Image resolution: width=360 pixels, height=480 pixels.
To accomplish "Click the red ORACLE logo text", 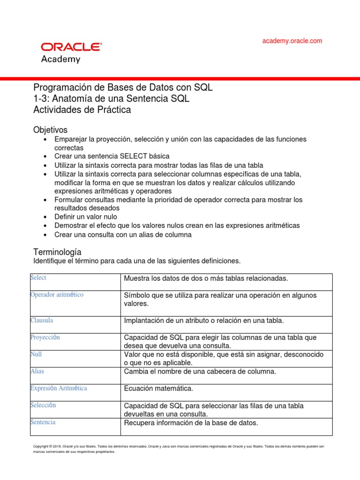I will [71, 47].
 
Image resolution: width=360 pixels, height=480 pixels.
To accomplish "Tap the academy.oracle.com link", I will [292, 41].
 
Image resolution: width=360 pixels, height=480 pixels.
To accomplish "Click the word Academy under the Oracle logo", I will [61, 60].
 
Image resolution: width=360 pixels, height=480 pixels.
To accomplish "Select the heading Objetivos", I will [50, 129].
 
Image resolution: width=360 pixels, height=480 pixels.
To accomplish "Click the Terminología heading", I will [57, 252].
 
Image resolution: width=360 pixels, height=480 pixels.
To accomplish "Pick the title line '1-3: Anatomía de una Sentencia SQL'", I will [112, 99].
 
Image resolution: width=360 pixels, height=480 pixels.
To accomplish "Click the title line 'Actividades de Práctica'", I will [82, 110].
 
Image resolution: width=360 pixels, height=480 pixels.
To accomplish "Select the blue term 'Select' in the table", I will [38, 278].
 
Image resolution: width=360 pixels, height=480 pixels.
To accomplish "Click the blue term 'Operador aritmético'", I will [57, 295].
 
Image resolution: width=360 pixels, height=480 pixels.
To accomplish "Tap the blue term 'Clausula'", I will [42, 320].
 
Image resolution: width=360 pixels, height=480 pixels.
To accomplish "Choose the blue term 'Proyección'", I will [45, 337].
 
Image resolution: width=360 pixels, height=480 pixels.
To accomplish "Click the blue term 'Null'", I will [36, 354].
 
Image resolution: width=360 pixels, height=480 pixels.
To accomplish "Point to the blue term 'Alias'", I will [37, 371].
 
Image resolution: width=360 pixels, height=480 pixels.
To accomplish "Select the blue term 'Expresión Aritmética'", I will [59, 388].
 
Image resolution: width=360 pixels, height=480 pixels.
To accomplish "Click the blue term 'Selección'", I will [43, 405].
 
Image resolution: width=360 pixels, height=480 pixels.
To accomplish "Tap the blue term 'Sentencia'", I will [43, 422].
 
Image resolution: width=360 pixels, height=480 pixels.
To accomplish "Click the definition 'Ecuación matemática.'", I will [158, 389].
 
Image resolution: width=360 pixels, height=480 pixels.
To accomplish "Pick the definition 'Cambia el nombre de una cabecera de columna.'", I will [200, 372].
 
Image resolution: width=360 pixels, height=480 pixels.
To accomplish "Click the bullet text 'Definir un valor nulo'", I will [86, 217].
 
